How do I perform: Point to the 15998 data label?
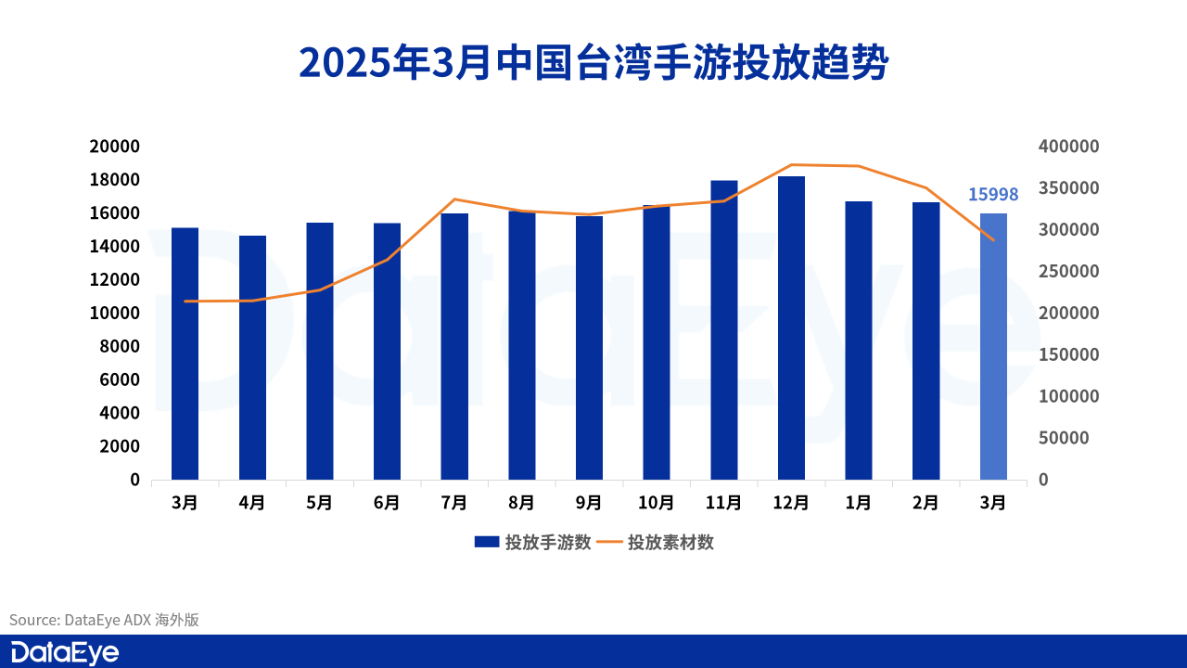click(x=993, y=194)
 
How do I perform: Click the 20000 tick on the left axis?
click(x=114, y=147)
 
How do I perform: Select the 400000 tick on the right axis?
click(x=1068, y=147)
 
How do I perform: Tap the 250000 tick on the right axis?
click(x=1068, y=272)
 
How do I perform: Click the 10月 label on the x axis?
click(x=657, y=503)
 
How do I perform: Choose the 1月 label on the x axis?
click(x=859, y=503)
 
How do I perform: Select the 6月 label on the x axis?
click(x=387, y=503)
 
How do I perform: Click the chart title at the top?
click(x=593, y=62)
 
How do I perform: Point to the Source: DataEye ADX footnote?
click(x=104, y=620)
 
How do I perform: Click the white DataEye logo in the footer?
click(x=65, y=652)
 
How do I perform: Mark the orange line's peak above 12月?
click(x=791, y=164)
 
